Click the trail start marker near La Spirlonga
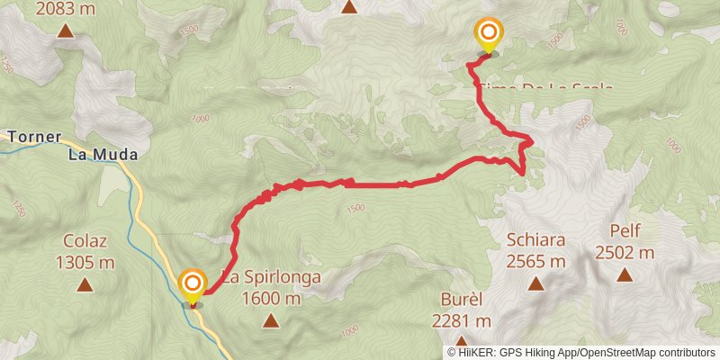point(192,287)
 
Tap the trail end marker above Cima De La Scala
point(488,36)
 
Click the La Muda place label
point(103,155)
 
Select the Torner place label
point(33,138)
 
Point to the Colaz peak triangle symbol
point(85,285)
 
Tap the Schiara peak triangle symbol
point(535,284)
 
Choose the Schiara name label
point(535,239)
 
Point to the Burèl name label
point(461,298)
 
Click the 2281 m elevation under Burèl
point(461,320)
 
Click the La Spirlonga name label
point(271,277)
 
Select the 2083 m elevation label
point(66,10)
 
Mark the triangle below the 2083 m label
point(65,31)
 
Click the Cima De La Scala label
point(544,86)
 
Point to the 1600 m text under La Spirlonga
point(271,299)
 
